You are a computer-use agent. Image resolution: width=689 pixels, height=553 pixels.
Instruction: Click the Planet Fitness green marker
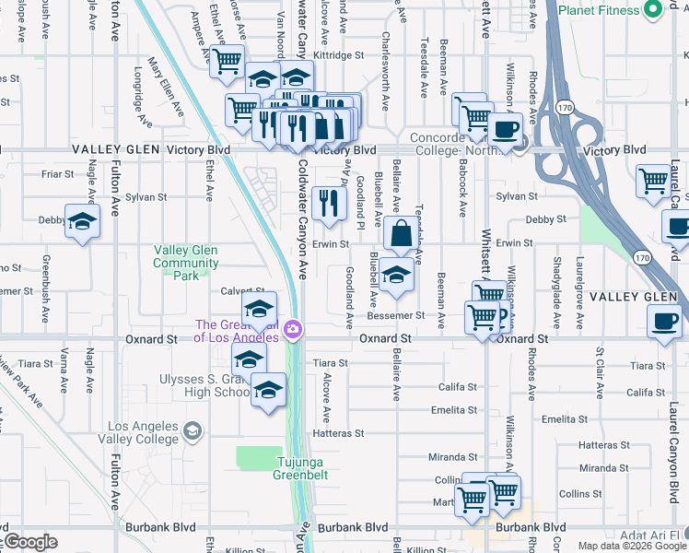[653, 10]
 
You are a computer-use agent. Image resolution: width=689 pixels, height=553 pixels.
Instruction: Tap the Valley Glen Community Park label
[186, 263]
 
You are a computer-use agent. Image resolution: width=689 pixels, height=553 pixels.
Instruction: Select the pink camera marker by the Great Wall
[294, 330]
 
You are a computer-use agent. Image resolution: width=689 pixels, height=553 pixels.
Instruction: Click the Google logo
[29, 542]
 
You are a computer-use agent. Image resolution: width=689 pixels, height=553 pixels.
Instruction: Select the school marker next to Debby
[82, 222]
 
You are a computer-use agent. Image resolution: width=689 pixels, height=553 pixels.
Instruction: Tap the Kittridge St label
[339, 55]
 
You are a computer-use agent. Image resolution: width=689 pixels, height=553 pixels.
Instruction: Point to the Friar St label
[57, 173]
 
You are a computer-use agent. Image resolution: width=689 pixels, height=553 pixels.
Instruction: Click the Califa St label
[457, 387]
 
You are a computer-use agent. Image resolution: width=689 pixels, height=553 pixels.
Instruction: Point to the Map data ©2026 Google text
[631, 546]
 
